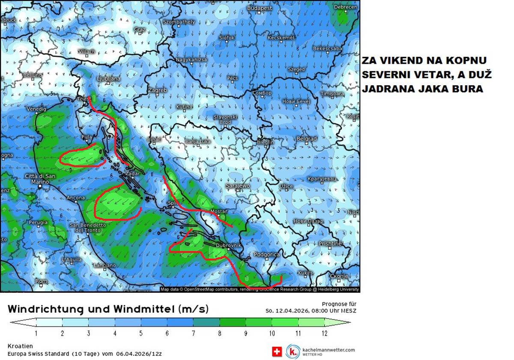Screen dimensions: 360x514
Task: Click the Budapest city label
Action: click(260, 8)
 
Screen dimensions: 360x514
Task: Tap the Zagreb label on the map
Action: click(157, 90)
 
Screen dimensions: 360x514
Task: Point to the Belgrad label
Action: click(307, 139)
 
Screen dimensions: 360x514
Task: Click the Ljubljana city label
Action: click(108, 79)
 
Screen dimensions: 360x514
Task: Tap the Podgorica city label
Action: click(267, 254)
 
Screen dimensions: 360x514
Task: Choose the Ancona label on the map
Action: click(76, 198)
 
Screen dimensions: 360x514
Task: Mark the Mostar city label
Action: click(219, 211)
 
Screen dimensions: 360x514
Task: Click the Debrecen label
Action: click(345, 7)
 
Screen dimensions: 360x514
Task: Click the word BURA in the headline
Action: click(469, 89)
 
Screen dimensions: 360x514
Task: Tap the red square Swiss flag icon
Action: click(277, 351)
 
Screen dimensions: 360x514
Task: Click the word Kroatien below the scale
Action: click(20, 346)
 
